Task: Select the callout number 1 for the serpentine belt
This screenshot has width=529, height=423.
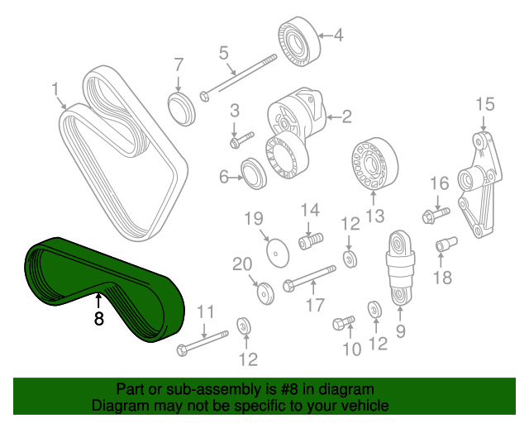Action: pos(55,90)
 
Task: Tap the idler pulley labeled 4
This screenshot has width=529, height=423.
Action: pos(299,41)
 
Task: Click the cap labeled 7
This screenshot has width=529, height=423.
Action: pos(182,108)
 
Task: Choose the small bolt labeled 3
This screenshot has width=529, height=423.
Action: pos(242,140)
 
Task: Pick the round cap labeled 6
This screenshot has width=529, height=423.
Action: pos(254,173)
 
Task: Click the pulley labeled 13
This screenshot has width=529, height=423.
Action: pos(374,164)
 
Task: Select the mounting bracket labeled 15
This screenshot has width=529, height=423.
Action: pos(479,185)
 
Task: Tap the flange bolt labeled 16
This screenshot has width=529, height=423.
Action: pos(436,215)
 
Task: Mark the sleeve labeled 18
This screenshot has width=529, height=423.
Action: pos(446,245)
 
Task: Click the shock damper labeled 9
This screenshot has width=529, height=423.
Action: pos(400,268)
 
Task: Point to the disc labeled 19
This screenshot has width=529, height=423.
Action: pos(278,253)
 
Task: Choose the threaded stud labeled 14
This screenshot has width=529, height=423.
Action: pos(311,240)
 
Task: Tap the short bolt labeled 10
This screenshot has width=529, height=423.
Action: pos(344,323)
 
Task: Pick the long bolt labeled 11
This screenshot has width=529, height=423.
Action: pos(203,344)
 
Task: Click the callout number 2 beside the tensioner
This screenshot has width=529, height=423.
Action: pos(346,116)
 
